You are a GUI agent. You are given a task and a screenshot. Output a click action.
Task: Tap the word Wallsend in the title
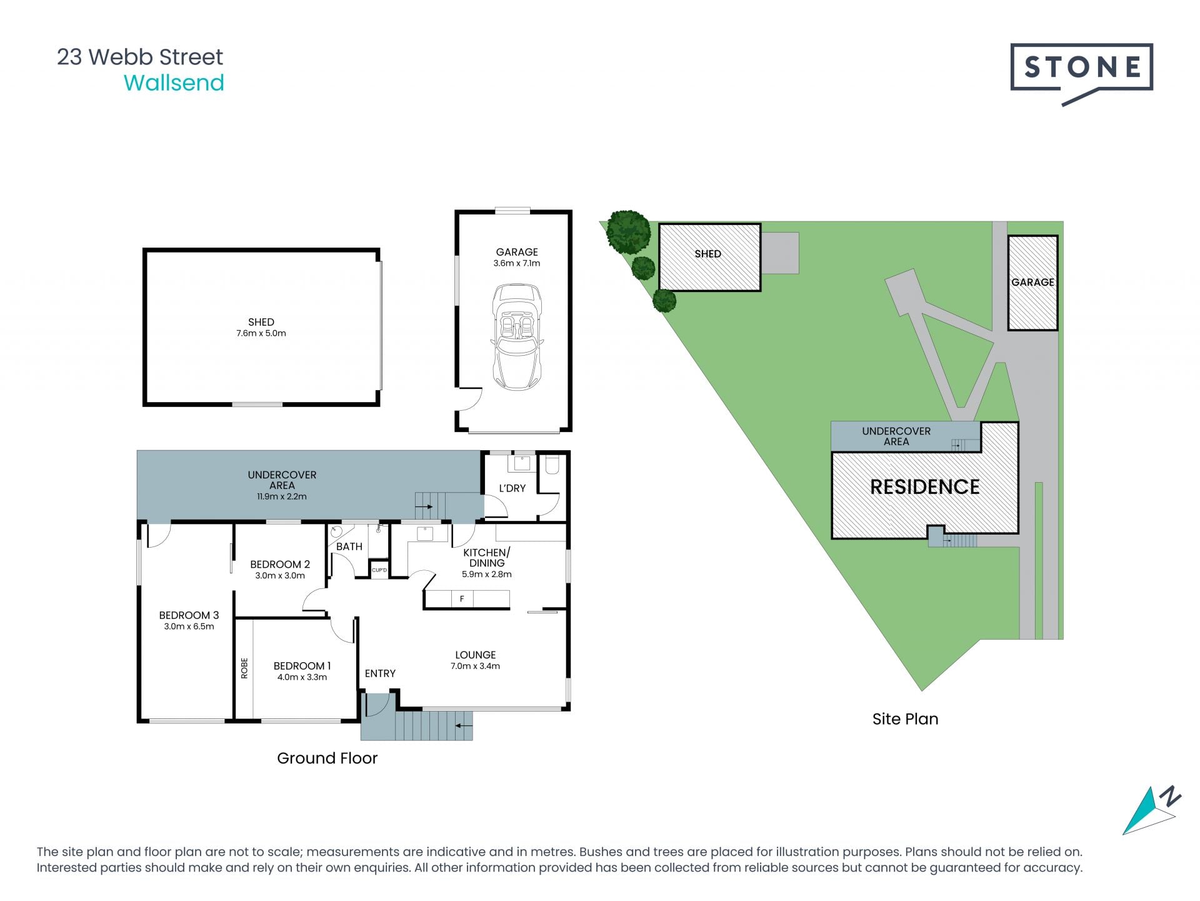pyautogui.click(x=174, y=83)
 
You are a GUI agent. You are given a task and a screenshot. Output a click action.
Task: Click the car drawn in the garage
pyautogui.click(x=517, y=336)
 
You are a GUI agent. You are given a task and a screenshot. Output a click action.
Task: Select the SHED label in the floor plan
pyautogui.click(x=261, y=322)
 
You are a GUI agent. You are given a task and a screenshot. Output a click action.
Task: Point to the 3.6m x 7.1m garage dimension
pyautogui.click(x=517, y=263)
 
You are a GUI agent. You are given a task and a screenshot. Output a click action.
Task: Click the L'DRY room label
pyautogui.click(x=512, y=488)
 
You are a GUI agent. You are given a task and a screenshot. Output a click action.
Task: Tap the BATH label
pyautogui.click(x=349, y=546)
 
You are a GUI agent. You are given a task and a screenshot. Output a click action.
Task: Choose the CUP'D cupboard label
pyautogui.click(x=379, y=570)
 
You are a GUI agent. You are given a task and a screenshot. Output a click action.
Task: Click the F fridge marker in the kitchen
pyautogui.click(x=462, y=599)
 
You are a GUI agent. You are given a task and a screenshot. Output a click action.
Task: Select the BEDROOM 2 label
pyautogui.click(x=280, y=564)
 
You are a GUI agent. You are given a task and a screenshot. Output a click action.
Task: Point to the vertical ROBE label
pyautogui.click(x=244, y=668)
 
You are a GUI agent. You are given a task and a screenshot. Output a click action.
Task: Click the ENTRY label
pyautogui.click(x=380, y=673)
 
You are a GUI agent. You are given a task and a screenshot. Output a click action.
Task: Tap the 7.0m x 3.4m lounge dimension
pyautogui.click(x=475, y=666)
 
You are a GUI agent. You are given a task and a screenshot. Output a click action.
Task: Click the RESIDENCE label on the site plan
pyautogui.click(x=925, y=487)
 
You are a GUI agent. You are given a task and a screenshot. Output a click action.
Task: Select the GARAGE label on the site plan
pyautogui.click(x=1032, y=282)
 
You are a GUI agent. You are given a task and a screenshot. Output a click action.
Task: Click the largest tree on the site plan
pyautogui.click(x=628, y=231)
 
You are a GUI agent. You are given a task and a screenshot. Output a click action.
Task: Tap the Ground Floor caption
pyautogui.click(x=327, y=758)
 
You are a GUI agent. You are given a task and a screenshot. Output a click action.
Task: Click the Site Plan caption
pyautogui.click(x=905, y=719)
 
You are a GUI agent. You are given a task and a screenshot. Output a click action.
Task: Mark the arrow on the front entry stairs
pyautogui.click(x=464, y=726)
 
